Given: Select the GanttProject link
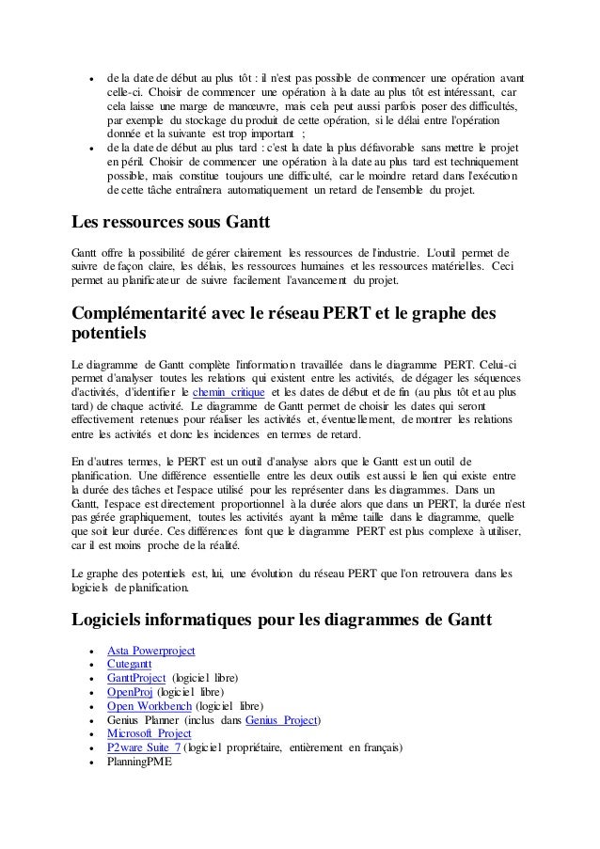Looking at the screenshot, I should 137,678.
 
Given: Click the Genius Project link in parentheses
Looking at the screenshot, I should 281,720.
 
